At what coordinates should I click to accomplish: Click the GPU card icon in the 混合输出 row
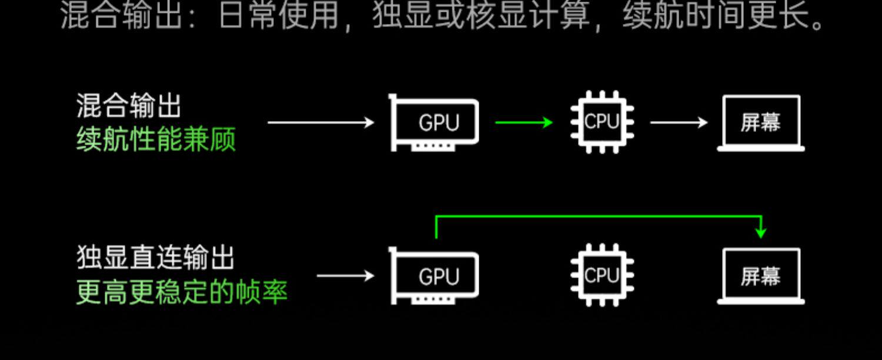click(435, 123)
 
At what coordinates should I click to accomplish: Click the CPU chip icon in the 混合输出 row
click(602, 122)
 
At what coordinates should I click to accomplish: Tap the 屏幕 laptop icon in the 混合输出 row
click(761, 124)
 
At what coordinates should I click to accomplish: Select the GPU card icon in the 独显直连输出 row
click(435, 276)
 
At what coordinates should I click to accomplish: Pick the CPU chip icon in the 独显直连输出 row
click(602, 275)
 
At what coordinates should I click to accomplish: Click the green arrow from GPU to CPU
click(523, 122)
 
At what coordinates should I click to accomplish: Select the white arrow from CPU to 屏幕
click(679, 122)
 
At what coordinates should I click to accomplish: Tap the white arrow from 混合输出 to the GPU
click(320, 122)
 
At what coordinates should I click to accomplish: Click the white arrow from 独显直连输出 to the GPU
click(345, 275)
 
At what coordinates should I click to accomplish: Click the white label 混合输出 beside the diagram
click(129, 106)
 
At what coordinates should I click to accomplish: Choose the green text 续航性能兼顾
click(156, 140)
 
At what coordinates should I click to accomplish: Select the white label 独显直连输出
click(156, 258)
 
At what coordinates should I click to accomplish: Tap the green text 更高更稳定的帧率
click(182, 292)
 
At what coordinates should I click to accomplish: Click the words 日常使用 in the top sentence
click(278, 16)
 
